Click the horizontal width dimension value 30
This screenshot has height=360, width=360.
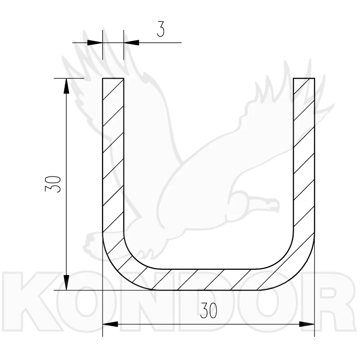click(x=208, y=311)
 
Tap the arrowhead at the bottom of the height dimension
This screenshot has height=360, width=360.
click(x=66, y=283)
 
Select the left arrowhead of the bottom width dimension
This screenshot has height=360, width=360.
click(x=110, y=324)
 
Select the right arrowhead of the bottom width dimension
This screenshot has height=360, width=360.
click(x=307, y=324)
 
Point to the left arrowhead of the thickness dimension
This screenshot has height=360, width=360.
click(x=95, y=43)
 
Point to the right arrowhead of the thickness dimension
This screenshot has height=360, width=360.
click(x=131, y=43)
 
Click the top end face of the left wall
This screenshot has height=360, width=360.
click(x=113, y=78)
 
